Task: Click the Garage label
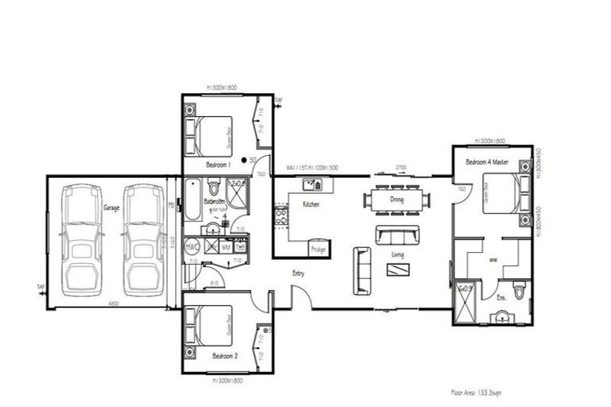coord(111,207)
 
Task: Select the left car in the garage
coord(82,238)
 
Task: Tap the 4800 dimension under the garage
coord(114,303)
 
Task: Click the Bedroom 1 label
coord(217,165)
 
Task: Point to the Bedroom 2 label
coord(225,357)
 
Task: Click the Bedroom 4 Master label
coord(487,162)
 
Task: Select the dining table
coord(397,200)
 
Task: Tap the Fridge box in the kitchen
coord(318,248)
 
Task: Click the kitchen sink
coord(310,185)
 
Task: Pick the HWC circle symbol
coord(192,247)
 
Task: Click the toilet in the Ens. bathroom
coord(520,290)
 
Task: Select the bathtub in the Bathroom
coord(193,199)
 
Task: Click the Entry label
coord(298,273)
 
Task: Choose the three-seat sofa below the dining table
coord(397,235)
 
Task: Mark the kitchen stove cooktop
coord(281,216)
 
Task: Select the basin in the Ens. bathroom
coord(500,318)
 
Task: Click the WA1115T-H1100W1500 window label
coord(313,169)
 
